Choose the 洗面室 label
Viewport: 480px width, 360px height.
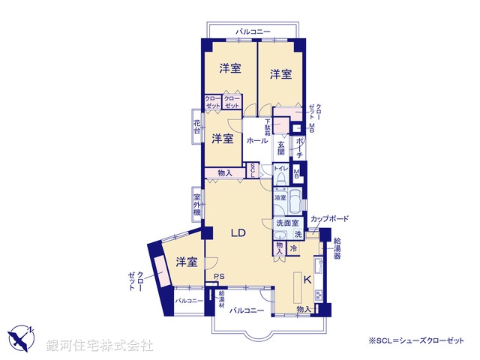coord(287,223)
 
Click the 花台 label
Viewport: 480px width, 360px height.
coord(196,127)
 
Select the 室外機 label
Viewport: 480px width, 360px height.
coord(196,202)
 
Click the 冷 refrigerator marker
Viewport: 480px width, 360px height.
coord(293,248)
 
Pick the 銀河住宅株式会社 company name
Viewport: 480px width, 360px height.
coord(100,345)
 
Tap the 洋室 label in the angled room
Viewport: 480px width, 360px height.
coord(187,262)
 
